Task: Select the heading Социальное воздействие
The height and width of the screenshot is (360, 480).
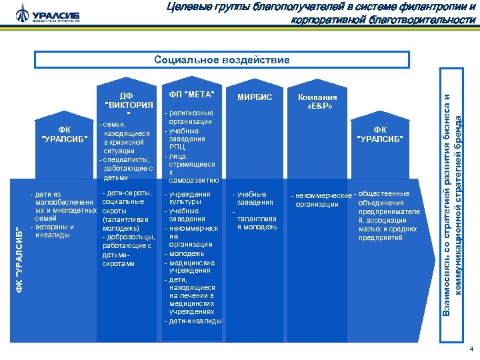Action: pos(222,60)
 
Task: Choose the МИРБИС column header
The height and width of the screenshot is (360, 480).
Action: pos(255,97)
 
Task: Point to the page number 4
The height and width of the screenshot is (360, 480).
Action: pos(471,349)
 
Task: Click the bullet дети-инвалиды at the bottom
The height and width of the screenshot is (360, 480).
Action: pos(193,321)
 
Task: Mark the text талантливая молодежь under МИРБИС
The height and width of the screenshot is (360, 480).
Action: pos(257,223)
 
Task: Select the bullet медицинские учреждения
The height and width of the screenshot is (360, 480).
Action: pos(191,267)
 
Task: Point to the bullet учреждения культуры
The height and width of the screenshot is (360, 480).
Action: pos(189,198)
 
